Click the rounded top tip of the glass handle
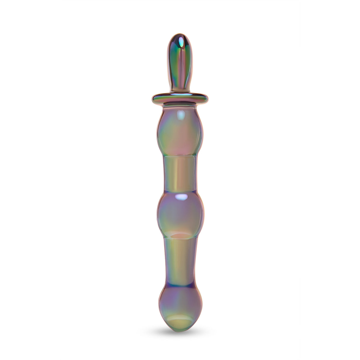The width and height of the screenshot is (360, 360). [180, 36]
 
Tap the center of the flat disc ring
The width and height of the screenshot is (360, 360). [180, 97]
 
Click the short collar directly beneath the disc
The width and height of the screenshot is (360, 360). [180, 106]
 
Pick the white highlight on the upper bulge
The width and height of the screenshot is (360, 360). [180, 114]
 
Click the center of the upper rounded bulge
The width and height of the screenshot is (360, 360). [180, 133]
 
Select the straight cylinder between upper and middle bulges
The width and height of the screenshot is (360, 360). [180, 173]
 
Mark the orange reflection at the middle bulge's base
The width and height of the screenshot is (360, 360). [181, 235]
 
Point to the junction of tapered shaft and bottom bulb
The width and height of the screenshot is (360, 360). [180, 285]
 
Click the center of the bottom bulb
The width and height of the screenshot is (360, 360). [180, 305]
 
